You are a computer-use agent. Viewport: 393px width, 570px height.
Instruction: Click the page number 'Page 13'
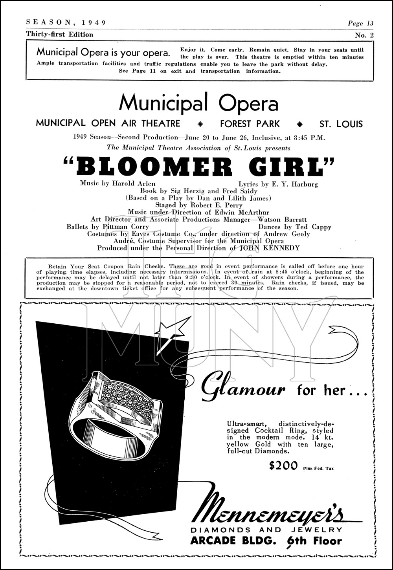360,23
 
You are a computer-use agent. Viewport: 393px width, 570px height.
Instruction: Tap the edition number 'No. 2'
364,35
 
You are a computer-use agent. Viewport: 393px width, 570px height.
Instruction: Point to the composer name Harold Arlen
134,183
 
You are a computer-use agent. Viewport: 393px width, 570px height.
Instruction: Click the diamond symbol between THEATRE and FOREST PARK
200,124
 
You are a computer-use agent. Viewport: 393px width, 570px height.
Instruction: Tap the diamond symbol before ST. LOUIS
300,124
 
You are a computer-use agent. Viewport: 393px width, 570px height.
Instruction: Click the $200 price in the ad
283,466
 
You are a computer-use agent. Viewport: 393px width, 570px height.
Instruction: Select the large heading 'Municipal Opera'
199,103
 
